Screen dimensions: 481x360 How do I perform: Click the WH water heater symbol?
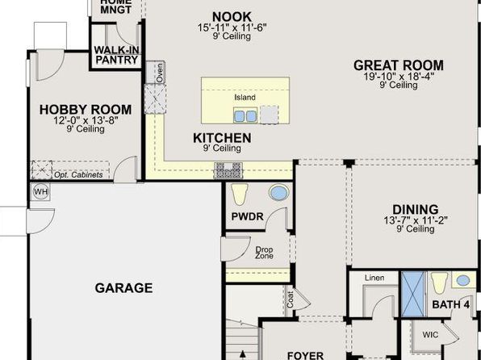tap(41, 192)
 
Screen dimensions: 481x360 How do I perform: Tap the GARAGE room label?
tap(123, 288)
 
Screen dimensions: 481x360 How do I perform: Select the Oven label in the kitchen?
tap(159, 73)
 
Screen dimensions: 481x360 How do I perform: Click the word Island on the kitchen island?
tap(245, 98)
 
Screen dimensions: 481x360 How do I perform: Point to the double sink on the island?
tap(245, 115)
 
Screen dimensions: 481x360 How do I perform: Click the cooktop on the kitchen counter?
tap(228, 170)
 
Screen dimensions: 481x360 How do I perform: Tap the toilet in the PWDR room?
tap(239, 194)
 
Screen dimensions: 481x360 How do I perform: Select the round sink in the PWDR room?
tap(279, 193)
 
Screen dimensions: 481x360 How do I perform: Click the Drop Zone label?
tap(264, 253)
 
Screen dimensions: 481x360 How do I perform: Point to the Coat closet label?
tap(291, 299)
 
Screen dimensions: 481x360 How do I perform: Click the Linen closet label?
tap(374, 278)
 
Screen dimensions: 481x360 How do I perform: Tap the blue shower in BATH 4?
tap(413, 295)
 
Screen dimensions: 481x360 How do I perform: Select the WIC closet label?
tap(430, 334)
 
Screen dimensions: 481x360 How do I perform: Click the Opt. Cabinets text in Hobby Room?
tap(78, 175)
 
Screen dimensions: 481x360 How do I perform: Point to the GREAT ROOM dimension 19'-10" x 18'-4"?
tap(399, 76)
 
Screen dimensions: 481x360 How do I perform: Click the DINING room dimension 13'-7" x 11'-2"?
tap(416, 220)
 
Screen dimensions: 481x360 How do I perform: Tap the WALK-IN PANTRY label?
tap(116, 55)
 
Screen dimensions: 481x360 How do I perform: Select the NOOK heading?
tap(232, 17)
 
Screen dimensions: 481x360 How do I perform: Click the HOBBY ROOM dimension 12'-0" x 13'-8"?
tap(86, 120)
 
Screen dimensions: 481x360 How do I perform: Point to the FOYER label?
tap(305, 355)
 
